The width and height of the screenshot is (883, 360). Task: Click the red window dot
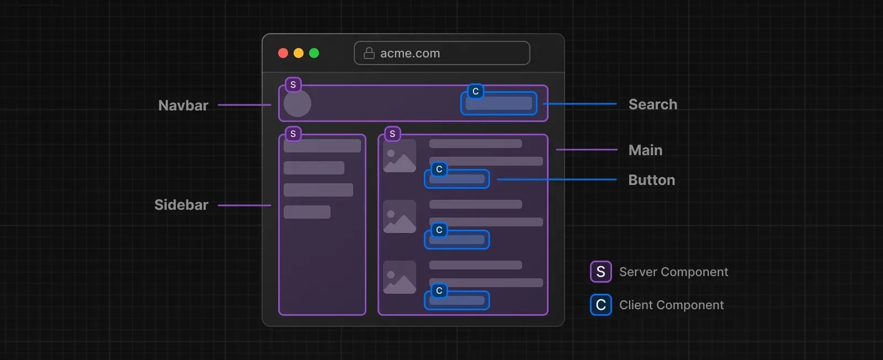[283, 53]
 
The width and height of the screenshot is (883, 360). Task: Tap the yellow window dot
[299, 53]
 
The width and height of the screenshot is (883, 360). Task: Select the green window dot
[314, 53]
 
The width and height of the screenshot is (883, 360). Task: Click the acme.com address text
[410, 54]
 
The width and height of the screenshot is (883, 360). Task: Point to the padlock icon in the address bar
[369, 53]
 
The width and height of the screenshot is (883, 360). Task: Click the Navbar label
[183, 105]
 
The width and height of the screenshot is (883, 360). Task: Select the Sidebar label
[181, 205]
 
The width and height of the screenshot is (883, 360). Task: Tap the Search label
[653, 104]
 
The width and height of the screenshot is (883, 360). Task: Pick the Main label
[645, 150]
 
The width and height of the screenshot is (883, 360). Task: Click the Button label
[652, 180]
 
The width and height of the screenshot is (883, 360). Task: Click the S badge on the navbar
[293, 84]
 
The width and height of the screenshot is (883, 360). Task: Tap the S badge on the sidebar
[293, 134]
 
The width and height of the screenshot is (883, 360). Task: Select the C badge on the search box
[476, 91]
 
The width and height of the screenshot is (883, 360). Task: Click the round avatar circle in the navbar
[297, 103]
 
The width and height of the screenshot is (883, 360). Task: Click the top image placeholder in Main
[400, 156]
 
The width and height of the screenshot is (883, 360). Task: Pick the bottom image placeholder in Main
[400, 277]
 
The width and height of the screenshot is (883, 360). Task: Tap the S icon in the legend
[600, 272]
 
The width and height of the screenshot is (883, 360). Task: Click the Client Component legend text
[671, 305]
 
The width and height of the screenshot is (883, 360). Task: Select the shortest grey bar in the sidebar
[307, 212]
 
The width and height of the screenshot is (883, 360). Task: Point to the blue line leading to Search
[579, 104]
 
